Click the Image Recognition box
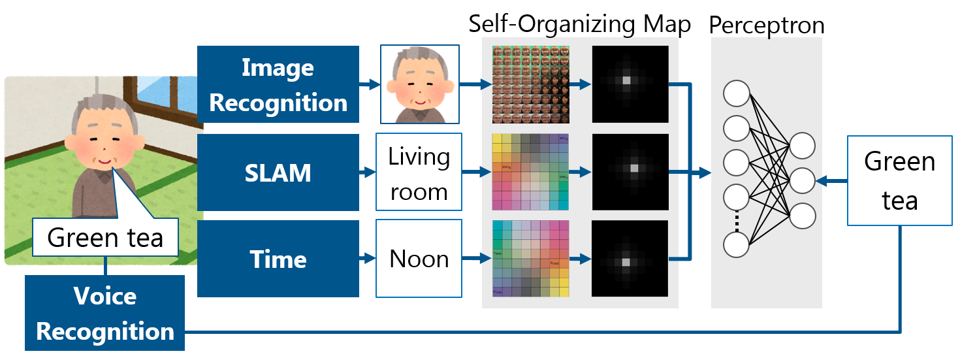click(x=278, y=84)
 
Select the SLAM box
click(x=278, y=172)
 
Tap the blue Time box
click(x=278, y=259)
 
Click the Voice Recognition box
click(x=105, y=313)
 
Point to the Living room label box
click(x=419, y=172)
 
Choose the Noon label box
click(x=419, y=259)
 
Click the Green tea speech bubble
click(x=105, y=238)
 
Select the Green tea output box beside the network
click(x=899, y=181)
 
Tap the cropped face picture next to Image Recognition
click(x=420, y=84)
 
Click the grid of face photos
click(x=530, y=84)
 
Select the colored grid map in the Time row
click(x=530, y=259)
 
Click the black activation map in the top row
click(x=630, y=84)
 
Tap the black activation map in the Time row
click(x=630, y=259)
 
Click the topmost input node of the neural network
click(x=736, y=94)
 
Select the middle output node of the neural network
click(x=802, y=180)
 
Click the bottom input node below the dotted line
click(x=736, y=245)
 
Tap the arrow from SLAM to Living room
click(x=368, y=173)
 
